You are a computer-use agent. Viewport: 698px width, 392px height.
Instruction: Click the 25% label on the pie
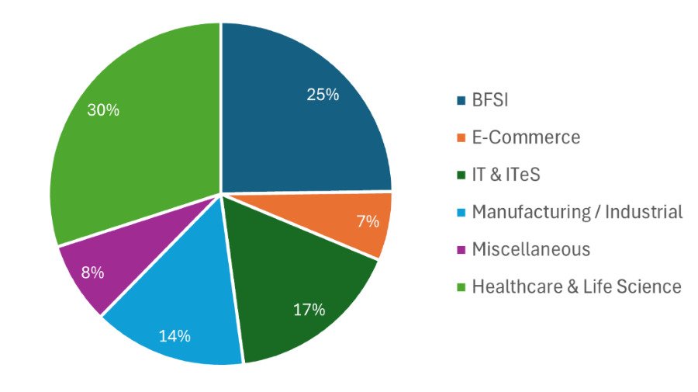coord(323,95)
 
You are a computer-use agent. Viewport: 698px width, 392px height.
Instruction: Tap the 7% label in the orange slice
coord(368,221)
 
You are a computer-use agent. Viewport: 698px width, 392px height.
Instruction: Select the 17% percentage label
coord(309,310)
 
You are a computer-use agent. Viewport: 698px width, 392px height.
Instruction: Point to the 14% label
coord(174,336)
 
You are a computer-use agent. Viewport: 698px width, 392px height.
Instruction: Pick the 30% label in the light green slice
coord(103,110)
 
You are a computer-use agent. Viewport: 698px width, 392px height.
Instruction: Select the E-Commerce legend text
coord(526,137)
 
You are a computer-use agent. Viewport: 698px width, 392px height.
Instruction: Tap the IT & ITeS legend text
coord(506,175)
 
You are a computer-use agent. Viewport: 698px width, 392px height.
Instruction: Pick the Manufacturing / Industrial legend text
coord(577,212)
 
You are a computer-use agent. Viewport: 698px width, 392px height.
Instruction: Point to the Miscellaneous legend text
coord(531,249)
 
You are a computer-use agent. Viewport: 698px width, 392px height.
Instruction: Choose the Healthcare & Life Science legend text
coord(576,286)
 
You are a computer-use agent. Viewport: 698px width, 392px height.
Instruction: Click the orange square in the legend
coord(461,138)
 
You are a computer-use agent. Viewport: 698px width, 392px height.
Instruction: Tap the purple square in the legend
coord(461,250)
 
